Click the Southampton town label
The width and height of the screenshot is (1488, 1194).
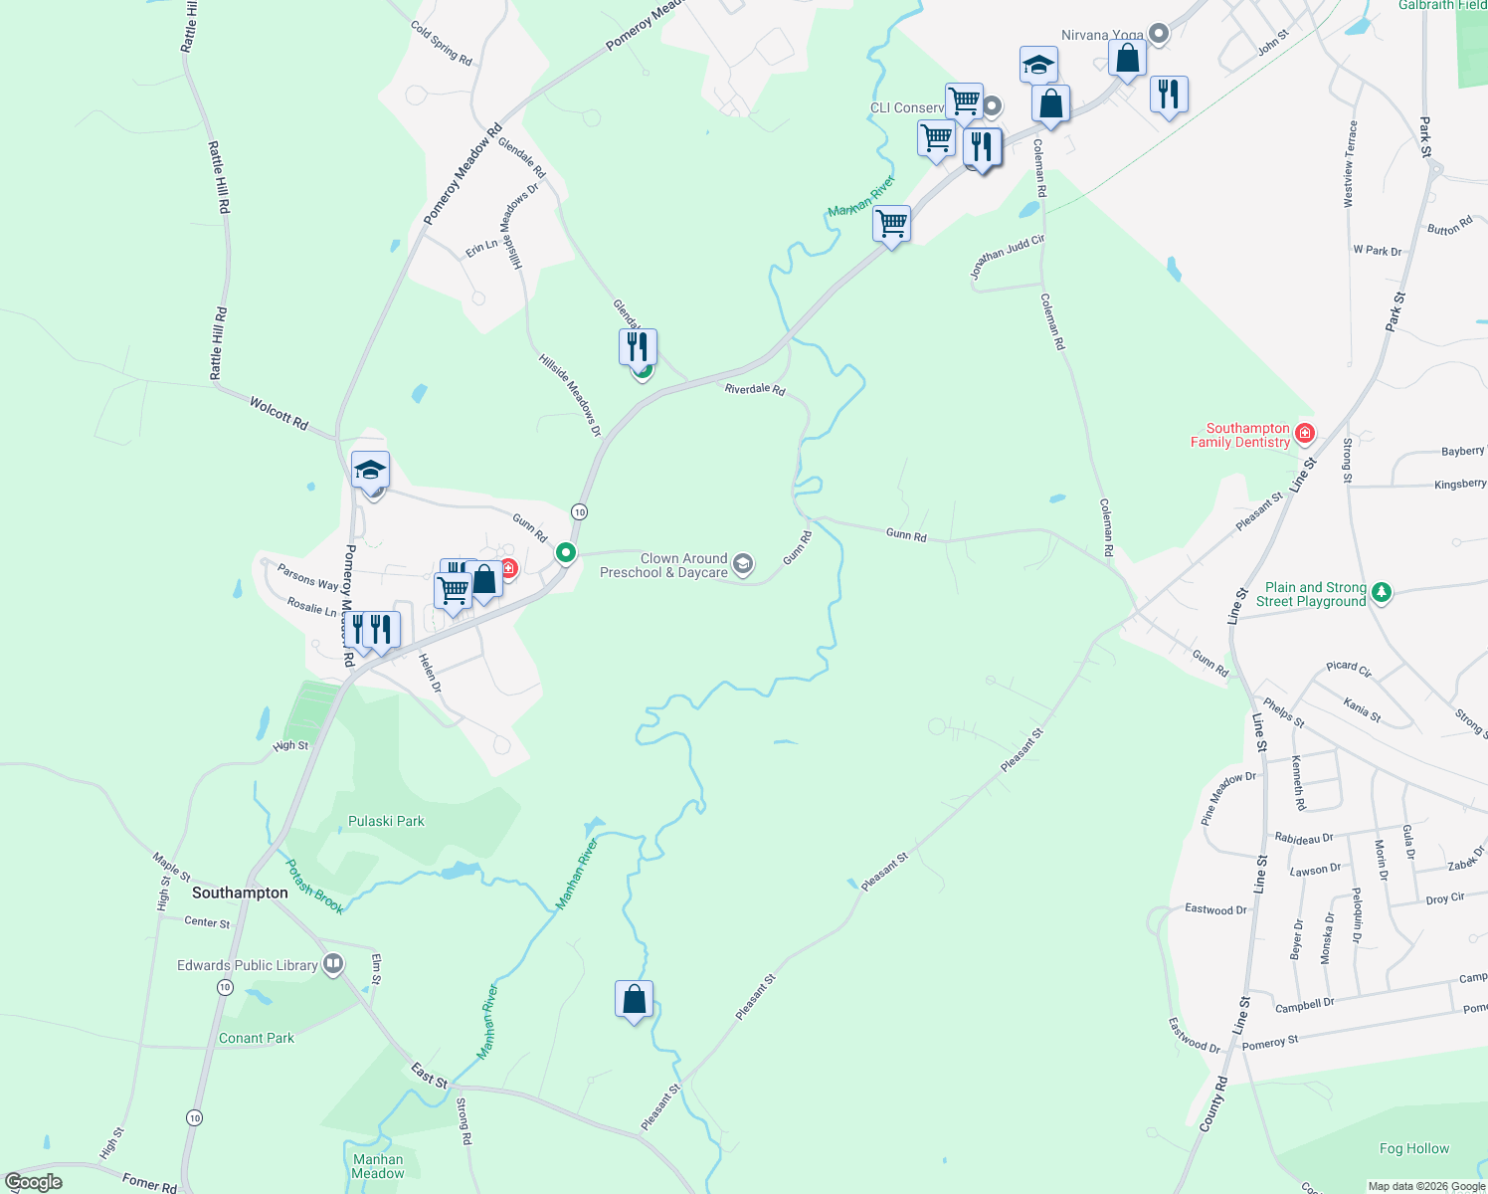click(240, 893)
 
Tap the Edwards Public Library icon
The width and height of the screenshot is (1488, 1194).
click(333, 964)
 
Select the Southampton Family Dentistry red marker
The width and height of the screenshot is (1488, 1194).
click(1305, 434)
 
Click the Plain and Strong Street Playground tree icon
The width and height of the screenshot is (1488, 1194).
click(1381, 593)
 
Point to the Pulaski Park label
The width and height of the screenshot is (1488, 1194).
click(386, 821)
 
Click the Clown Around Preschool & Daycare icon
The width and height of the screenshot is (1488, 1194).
click(743, 565)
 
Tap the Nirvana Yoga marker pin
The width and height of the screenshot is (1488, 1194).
click(1158, 34)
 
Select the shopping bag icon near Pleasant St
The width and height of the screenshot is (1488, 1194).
click(634, 998)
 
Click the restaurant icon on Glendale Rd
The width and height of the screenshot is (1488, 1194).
click(638, 347)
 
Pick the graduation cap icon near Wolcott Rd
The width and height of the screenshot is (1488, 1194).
click(370, 470)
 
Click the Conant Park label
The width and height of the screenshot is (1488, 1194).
click(257, 1038)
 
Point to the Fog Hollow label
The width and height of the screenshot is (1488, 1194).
click(1413, 1148)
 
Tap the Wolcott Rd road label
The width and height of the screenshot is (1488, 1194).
click(279, 413)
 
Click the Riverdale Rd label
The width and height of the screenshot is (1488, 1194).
click(755, 389)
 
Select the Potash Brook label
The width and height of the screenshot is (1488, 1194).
click(314, 887)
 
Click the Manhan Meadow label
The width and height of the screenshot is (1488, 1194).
click(378, 1166)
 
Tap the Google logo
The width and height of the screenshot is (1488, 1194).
click(34, 1182)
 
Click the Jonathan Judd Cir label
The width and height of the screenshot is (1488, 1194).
click(1007, 257)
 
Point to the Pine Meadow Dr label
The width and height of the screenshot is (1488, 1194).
click(1228, 799)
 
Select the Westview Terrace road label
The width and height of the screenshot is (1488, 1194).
click(1350, 164)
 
